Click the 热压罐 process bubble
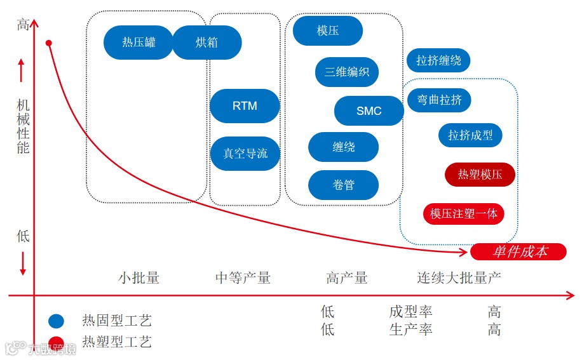coord(139,43)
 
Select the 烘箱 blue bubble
coord(207,43)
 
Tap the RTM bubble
coord(245,106)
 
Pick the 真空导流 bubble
coord(245,154)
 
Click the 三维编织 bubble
coord(347,72)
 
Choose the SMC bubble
coord(369,111)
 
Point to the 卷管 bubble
coord(344,185)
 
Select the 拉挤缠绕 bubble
coord(438,60)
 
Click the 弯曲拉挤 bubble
coord(439,100)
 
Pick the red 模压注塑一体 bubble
coord(464,214)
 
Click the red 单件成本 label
coord(518,251)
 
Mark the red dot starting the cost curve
coord(49,43)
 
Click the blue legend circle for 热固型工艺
coord(57,321)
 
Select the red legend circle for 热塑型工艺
coord(57,342)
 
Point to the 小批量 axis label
coord(139,277)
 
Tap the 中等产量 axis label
coord(243,277)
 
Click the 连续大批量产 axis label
coord(459,277)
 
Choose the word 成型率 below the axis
coord(410,312)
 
